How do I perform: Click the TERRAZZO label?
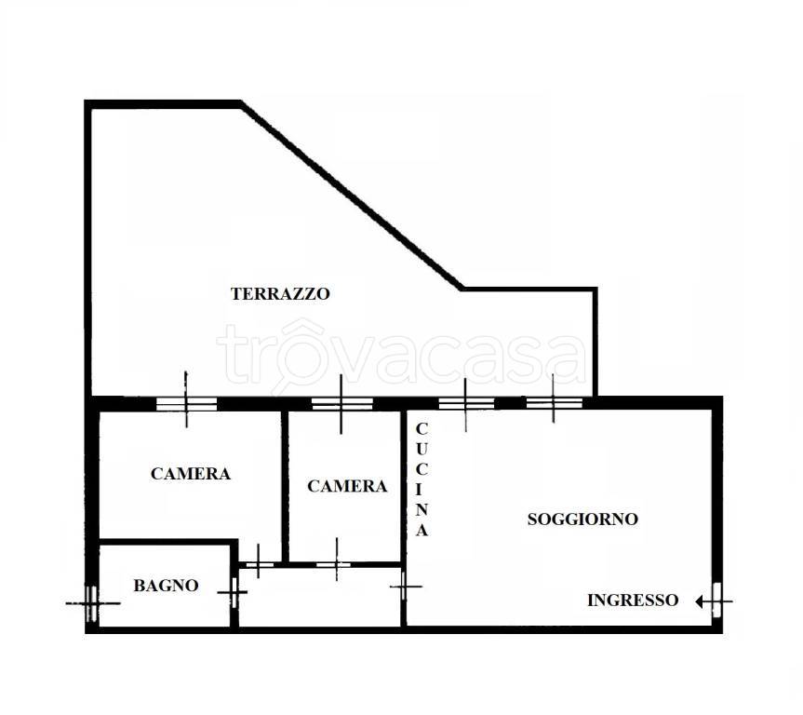[280, 293]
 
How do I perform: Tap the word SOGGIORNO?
[582, 519]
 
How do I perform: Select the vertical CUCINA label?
[422, 479]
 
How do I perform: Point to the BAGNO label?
[166, 586]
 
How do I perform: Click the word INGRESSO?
[633, 600]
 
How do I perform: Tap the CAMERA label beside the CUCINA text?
[347, 486]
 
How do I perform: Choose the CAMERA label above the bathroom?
[191, 474]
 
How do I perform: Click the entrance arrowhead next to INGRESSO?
[700, 601]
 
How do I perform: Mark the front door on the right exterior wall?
[716, 600]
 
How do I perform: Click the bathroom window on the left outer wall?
[92, 604]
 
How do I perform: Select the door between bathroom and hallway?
[234, 592]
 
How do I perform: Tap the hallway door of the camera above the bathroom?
[260, 565]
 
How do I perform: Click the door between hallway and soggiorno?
[404, 586]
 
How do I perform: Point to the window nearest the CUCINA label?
[466, 403]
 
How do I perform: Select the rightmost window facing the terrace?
[555, 403]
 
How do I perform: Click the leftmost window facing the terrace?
[186, 404]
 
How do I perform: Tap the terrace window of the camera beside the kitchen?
[342, 403]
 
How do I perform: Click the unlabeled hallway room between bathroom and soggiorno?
[319, 596]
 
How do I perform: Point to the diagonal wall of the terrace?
[352, 196]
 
